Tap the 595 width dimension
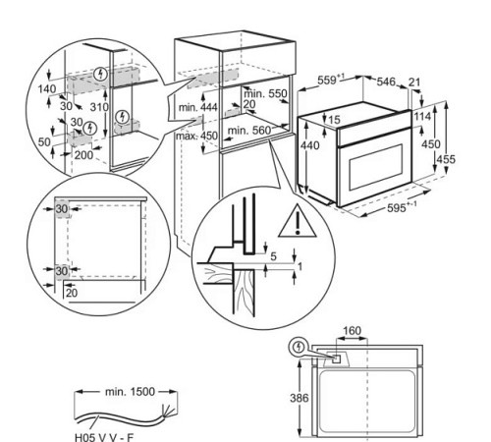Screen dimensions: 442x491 (x=398, y=207)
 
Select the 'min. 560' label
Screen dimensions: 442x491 (x=246, y=129)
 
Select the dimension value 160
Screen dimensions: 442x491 (x=354, y=331)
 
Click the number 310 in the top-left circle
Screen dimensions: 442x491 (x=97, y=105)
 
